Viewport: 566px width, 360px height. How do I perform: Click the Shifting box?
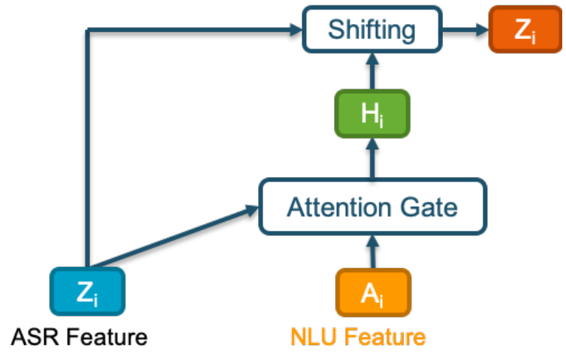[372, 29]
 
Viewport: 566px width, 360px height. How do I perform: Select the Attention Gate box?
[373, 207]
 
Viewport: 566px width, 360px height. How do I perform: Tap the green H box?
[372, 114]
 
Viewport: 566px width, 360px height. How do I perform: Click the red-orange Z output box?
[525, 29]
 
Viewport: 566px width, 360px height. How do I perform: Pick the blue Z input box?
[87, 292]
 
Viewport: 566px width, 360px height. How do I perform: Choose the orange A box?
[373, 292]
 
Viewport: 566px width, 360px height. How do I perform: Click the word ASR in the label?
[35, 337]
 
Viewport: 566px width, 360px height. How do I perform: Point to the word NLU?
[314, 337]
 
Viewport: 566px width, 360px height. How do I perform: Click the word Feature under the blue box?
[107, 337]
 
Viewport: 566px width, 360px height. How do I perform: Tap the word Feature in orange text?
[385, 337]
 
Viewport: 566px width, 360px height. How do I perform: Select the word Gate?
[429, 208]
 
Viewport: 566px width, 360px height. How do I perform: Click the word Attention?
[339, 208]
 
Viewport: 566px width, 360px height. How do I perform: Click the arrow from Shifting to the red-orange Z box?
[465, 29]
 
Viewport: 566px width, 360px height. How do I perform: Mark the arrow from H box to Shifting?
[372, 71]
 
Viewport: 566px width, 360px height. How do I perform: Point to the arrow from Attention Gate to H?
[372, 158]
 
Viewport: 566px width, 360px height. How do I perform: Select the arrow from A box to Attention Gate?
[373, 252]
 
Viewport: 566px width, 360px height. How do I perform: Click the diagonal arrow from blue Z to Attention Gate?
[174, 237]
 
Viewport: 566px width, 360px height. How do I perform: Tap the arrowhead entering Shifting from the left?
[296, 29]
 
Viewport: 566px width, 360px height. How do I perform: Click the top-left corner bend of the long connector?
[88, 30]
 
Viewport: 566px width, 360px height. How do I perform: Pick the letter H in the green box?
[369, 113]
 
